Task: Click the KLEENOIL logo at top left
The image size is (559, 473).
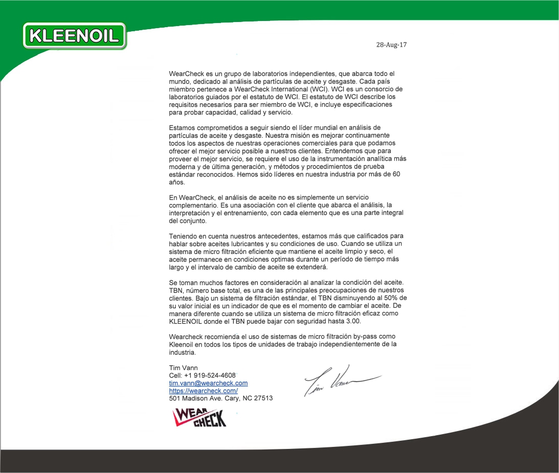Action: [75, 36]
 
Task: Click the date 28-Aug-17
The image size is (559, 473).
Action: [391, 45]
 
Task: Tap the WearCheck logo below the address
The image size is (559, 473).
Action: [200, 417]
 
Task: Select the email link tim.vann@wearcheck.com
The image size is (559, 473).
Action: [208, 383]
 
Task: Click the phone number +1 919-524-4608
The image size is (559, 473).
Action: [210, 375]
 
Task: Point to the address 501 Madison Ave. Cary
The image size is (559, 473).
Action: [220, 398]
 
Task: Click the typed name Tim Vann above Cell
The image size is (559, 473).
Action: [183, 368]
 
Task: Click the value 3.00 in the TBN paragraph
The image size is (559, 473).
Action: [352, 321]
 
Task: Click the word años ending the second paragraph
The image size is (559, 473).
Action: [177, 182]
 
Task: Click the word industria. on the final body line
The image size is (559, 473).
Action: [183, 352]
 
